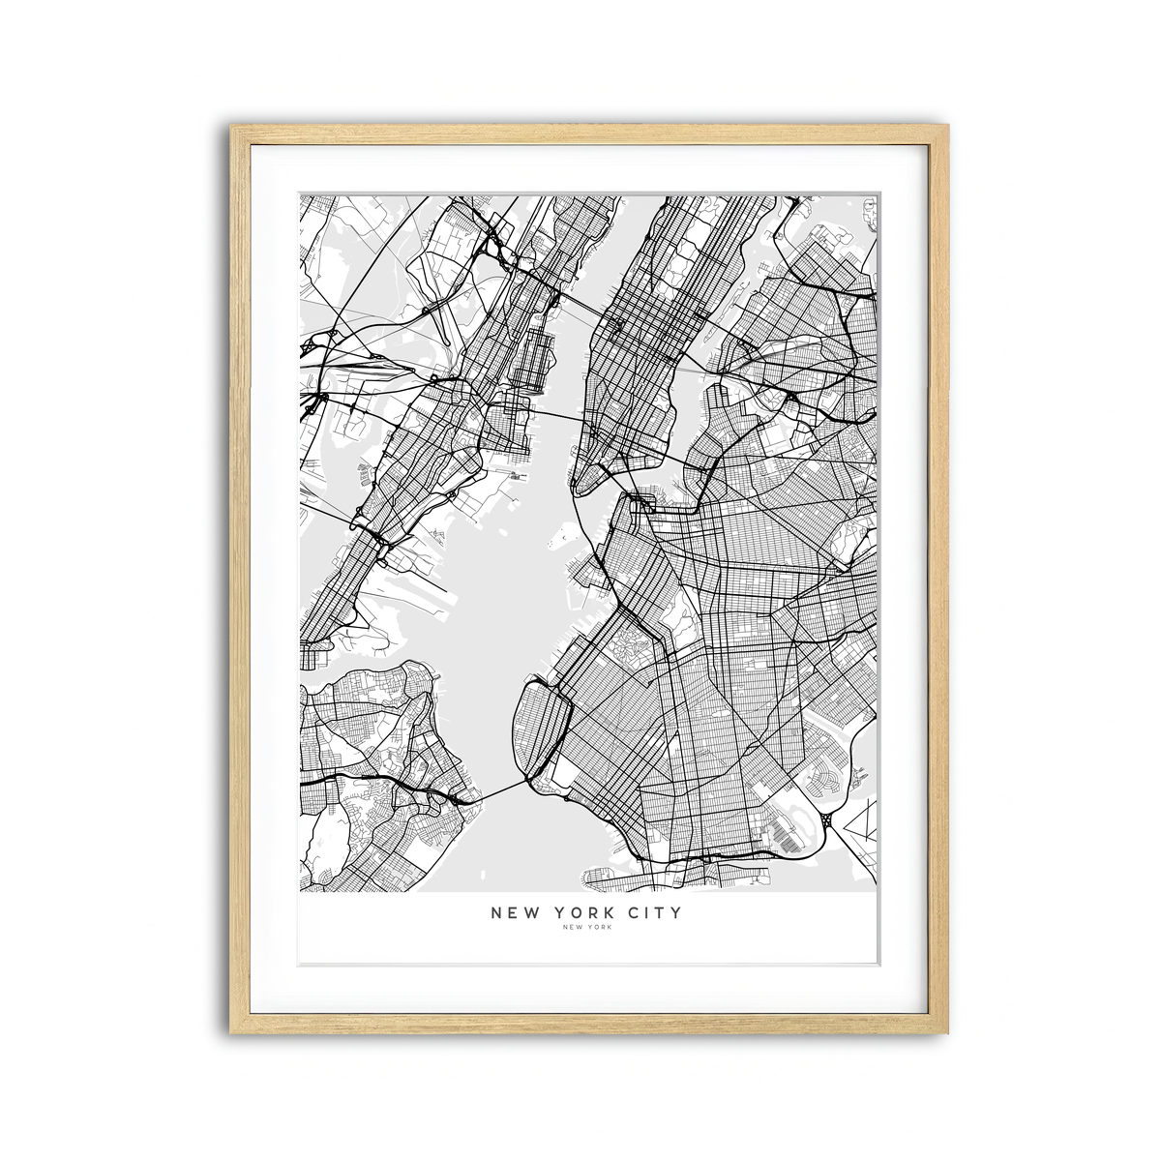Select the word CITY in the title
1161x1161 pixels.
[658, 912]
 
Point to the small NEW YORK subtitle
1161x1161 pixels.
[586, 928]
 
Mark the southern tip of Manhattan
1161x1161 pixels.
[578, 488]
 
